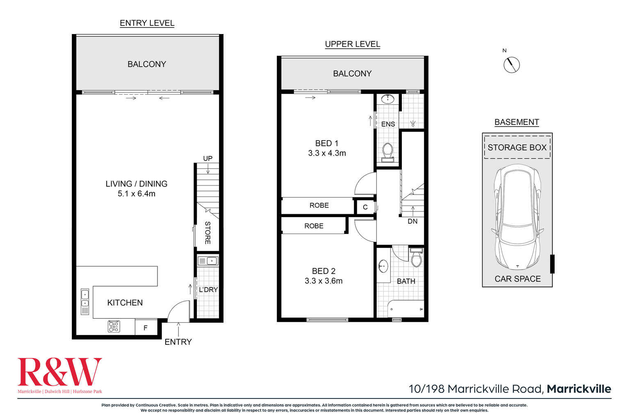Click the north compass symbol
pos(511,65)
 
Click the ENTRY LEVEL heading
pos(147,23)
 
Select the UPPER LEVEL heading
pos(352,44)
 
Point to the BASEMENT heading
pos(516,122)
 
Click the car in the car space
pos(517,217)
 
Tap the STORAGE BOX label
pos(517,147)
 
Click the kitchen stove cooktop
pos(114,326)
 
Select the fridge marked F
pos(146,328)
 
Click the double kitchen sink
pos(84,299)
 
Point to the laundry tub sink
pos(208,261)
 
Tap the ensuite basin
pos(387,99)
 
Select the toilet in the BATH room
pos(416,258)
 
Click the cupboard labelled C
pos(365,207)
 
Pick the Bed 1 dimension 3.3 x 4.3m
pos(327,153)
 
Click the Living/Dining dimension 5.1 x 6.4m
pos(136,194)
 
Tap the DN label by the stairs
pos(412,221)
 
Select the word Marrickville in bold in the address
pos(579,389)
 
